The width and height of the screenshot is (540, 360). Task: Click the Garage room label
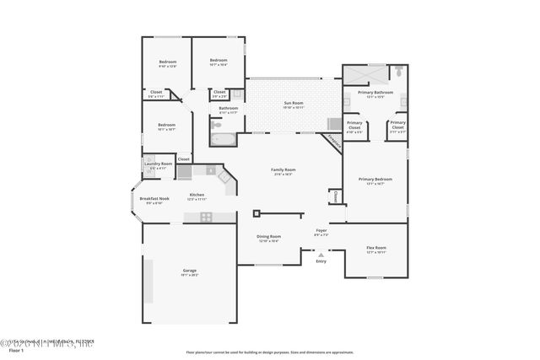190,271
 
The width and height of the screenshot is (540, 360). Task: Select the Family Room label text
282,170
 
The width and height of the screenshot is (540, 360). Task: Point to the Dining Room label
268,237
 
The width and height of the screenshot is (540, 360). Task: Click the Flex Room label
375,248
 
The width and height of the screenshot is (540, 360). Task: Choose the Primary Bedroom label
375,179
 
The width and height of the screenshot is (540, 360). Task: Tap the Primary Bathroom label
375,92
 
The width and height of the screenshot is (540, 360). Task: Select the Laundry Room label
160,164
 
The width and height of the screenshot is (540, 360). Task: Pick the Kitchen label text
197,195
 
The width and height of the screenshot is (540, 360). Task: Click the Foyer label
321,230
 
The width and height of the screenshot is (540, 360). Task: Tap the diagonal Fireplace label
334,142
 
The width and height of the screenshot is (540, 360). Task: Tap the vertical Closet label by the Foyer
335,196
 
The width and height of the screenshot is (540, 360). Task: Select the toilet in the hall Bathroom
213,124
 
